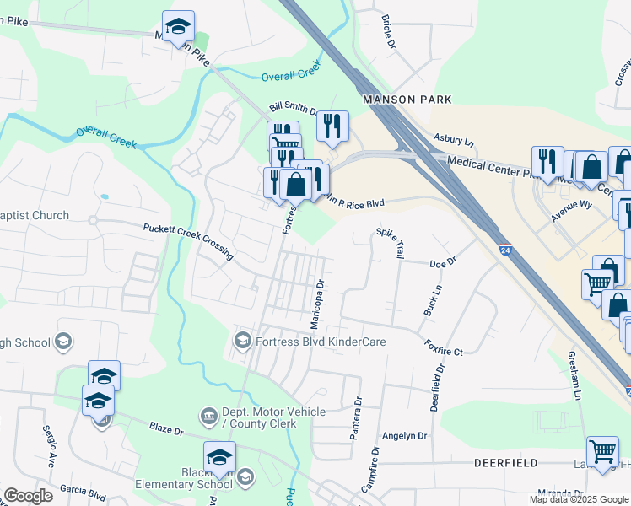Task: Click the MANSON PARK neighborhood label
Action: [x=401, y=100]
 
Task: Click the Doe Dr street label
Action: [x=442, y=262]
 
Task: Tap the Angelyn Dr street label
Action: [x=405, y=436]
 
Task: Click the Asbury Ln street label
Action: [x=454, y=138]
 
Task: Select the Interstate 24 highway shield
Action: [x=504, y=250]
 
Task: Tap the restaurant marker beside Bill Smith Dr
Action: [x=332, y=126]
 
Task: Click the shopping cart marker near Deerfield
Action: [x=601, y=451]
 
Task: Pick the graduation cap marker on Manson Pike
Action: [x=178, y=26]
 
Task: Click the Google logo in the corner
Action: [x=29, y=496]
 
